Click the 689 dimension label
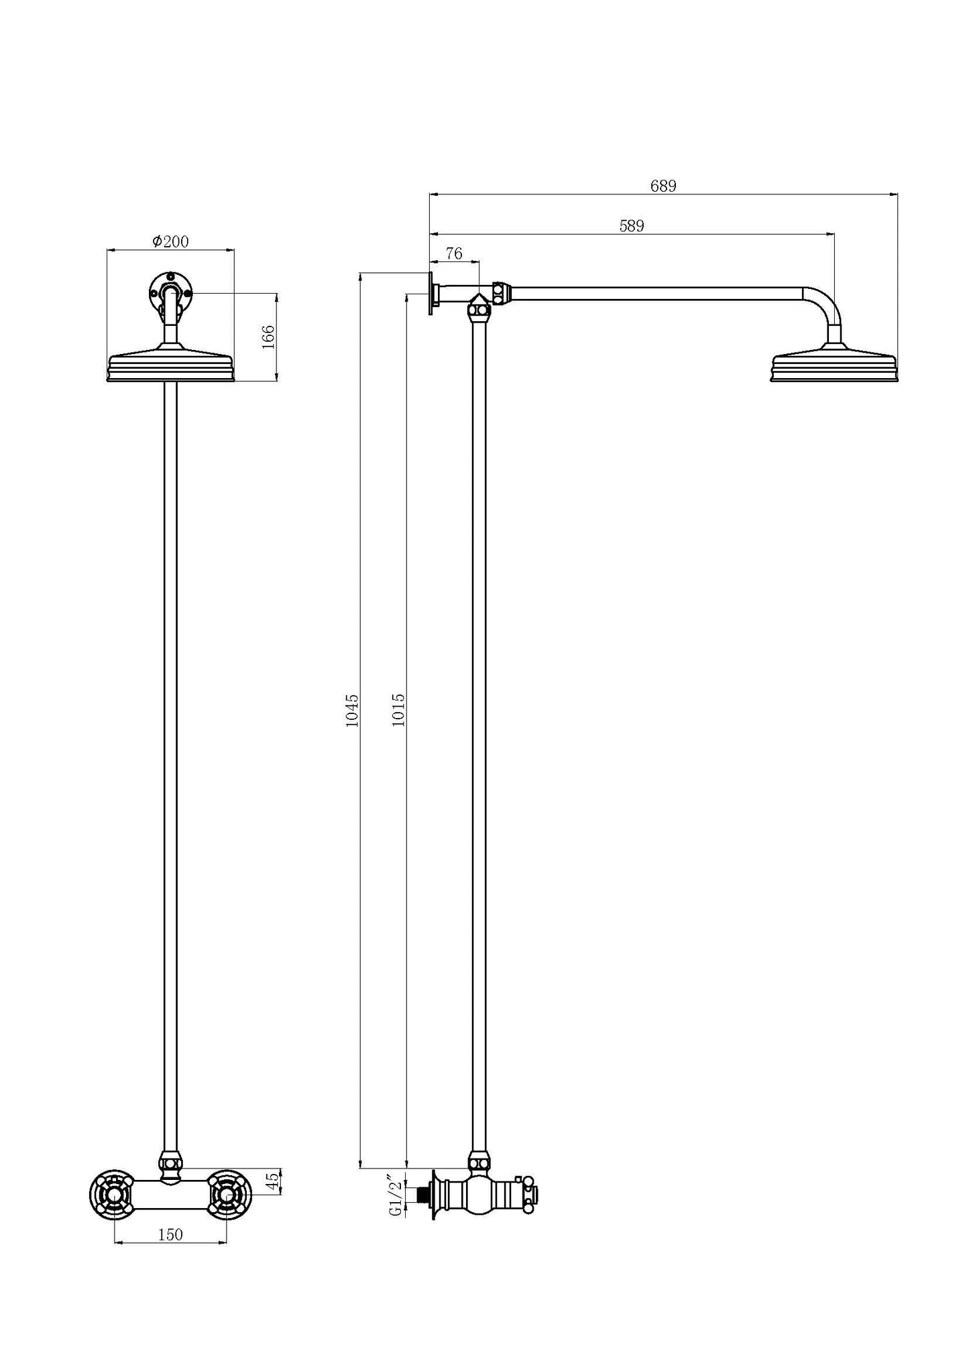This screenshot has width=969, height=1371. [663, 186]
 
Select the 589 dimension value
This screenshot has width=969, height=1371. [631, 226]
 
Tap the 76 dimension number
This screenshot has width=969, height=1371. [454, 253]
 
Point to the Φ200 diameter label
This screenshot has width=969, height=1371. [170, 241]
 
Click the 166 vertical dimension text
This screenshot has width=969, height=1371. [268, 337]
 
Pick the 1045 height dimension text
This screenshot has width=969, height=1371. [352, 711]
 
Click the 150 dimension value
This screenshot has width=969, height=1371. [170, 1234]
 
